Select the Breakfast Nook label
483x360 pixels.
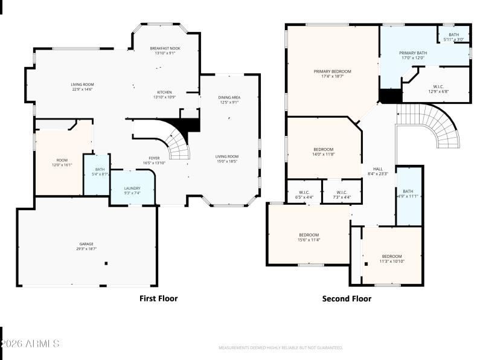(x=165, y=48)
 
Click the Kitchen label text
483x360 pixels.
(x=164, y=92)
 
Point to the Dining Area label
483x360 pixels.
(x=229, y=97)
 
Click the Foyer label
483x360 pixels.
(x=138, y=159)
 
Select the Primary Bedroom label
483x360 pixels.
(x=332, y=71)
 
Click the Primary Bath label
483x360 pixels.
(x=413, y=53)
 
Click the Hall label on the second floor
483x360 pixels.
(x=378, y=171)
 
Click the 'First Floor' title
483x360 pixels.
(x=159, y=298)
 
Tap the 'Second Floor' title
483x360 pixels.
(x=347, y=298)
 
